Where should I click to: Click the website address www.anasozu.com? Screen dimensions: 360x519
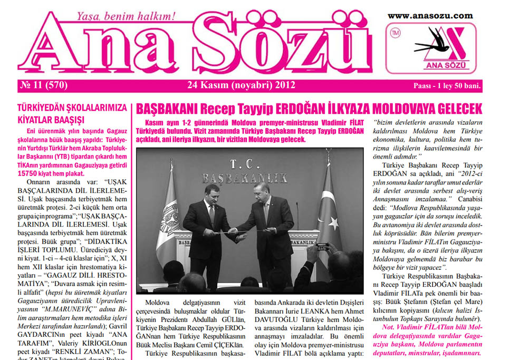click(430, 15)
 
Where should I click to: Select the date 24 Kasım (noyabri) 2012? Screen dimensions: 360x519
click(241, 85)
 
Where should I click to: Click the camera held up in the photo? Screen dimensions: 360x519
click(321, 246)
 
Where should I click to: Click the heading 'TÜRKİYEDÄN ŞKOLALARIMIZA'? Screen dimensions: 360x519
click(72, 108)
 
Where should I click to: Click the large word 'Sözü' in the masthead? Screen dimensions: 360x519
click(274, 47)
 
